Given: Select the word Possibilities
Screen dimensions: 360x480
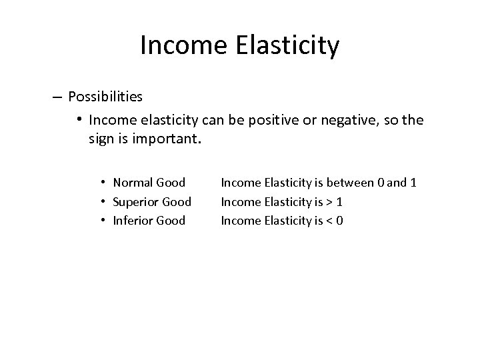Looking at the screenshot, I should click(x=105, y=97).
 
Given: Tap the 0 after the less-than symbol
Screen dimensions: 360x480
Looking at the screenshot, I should click(x=340, y=220).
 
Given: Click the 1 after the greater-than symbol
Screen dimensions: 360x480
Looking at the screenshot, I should click(x=340, y=201).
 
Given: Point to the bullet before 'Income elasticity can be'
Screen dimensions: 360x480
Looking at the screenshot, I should click(x=79, y=119).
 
